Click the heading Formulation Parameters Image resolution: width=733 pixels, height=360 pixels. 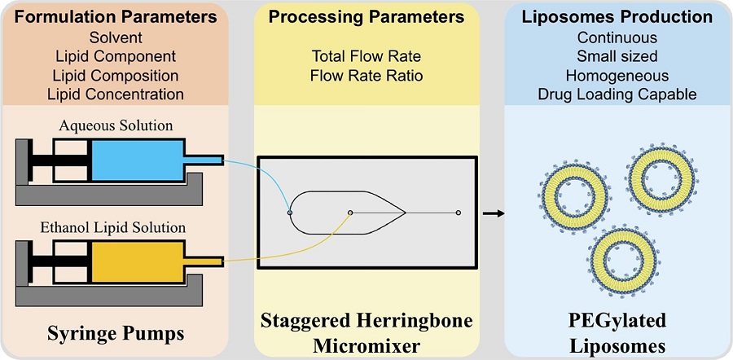(115, 16)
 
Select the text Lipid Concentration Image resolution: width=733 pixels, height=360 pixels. (115, 94)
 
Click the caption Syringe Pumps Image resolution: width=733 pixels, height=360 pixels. (116, 334)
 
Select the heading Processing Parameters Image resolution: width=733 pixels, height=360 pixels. (366, 16)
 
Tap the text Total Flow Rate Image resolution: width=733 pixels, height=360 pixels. (366, 56)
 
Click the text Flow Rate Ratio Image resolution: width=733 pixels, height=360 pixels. (366, 75)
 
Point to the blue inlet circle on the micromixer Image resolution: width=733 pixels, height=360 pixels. (290, 212)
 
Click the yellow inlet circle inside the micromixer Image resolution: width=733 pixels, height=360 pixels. (350, 213)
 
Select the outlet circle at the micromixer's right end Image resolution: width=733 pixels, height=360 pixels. (459, 213)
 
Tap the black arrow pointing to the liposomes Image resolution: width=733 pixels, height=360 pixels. (492, 213)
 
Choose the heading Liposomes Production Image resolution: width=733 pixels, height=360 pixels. (617, 16)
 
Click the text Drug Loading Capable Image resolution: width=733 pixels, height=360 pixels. (617, 94)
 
